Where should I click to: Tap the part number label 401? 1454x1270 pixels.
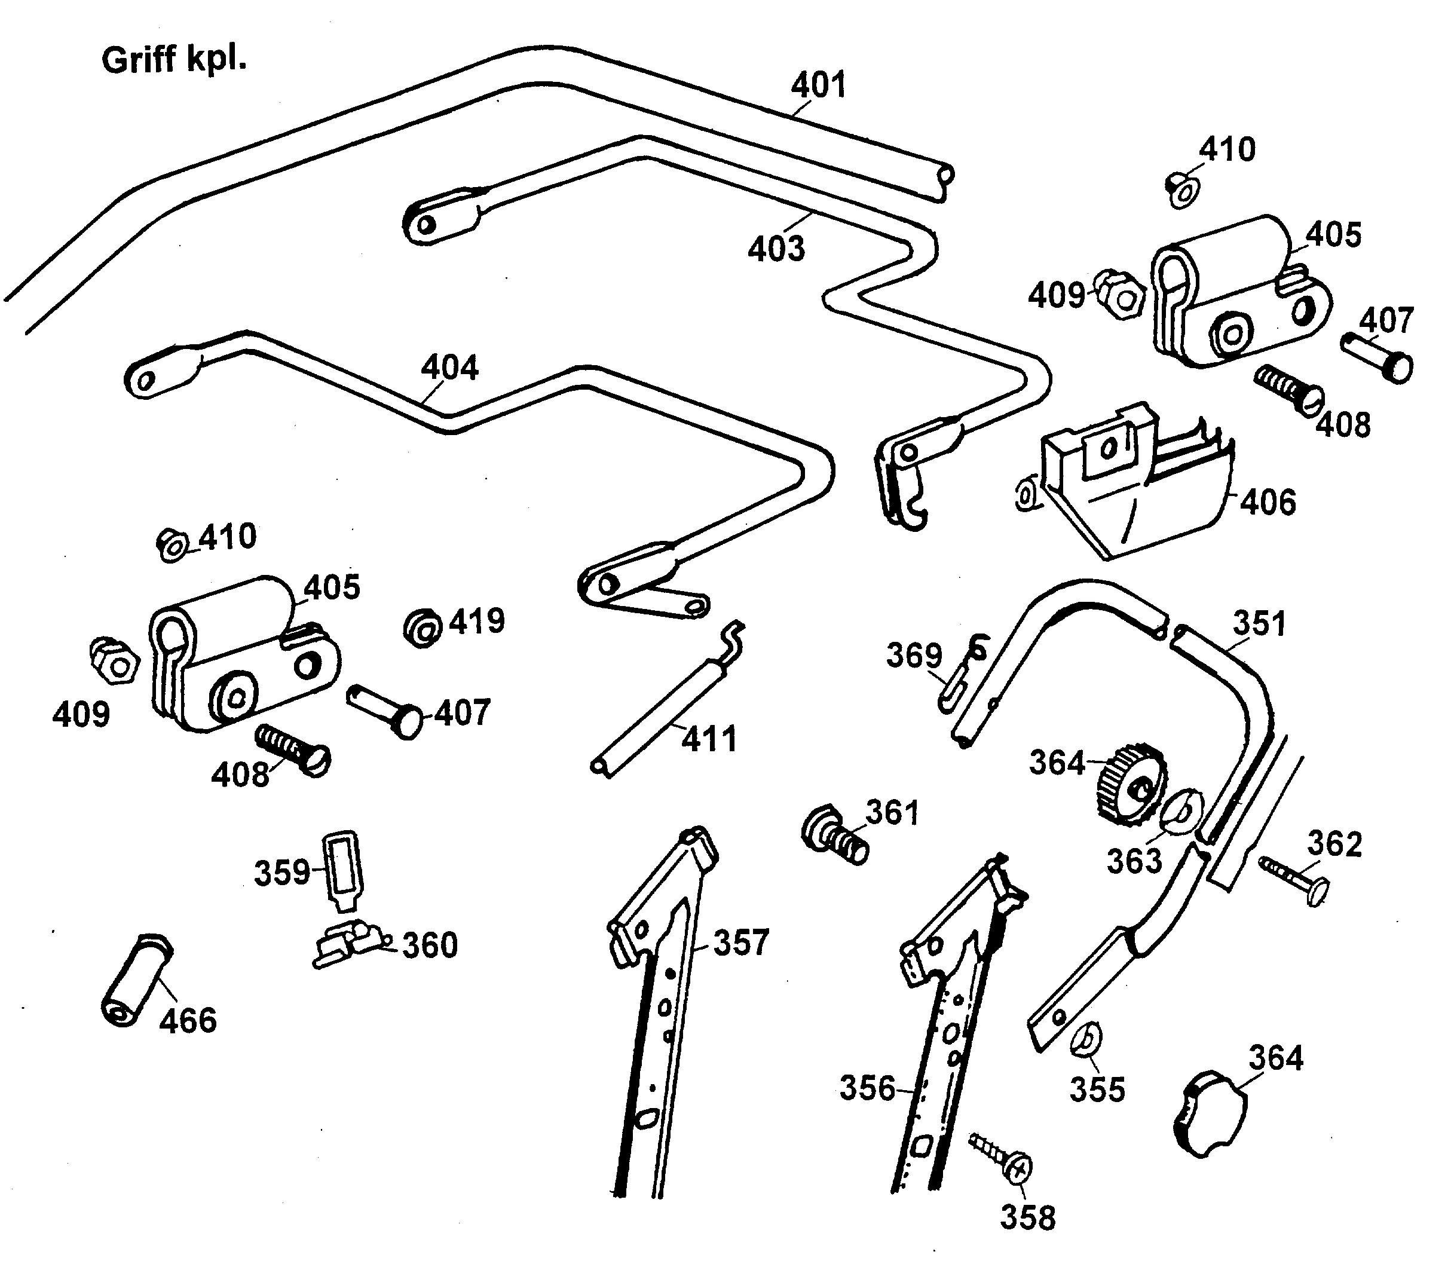[818, 85]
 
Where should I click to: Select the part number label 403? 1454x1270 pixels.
[776, 249]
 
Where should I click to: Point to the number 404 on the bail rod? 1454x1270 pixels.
[450, 368]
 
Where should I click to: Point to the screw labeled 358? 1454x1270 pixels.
[1001, 1156]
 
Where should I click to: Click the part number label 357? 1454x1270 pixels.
[740, 943]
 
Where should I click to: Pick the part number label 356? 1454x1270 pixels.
[867, 1088]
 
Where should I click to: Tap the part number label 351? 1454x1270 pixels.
[1259, 624]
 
